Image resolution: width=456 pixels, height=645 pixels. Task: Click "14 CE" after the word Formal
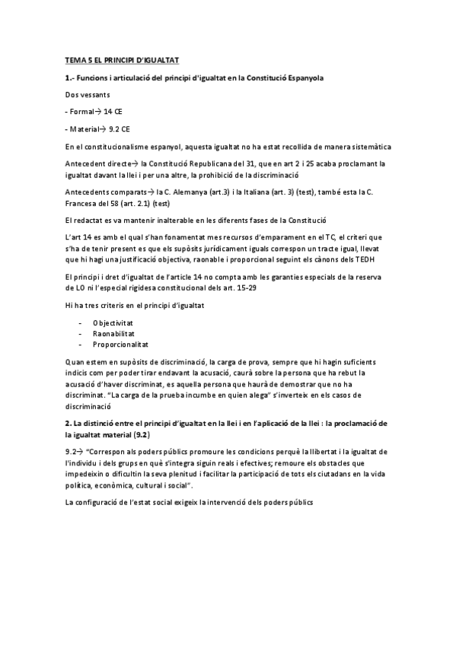coord(113,111)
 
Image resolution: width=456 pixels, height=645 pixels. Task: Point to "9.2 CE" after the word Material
coord(119,128)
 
